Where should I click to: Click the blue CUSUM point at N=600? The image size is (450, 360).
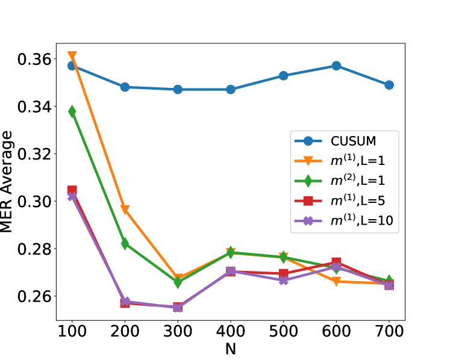click(336, 66)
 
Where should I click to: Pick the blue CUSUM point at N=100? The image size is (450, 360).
click(72, 66)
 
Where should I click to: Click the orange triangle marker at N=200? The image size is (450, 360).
click(125, 209)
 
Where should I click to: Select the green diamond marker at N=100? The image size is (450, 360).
click(72, 111)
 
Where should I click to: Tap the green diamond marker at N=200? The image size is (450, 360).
click(125, 244)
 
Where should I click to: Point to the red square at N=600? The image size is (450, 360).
click(336, 262)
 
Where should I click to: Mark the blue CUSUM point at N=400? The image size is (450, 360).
click(231, 90)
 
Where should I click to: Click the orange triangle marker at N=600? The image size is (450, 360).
click(336, 281)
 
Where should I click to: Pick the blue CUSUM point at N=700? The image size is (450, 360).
click(389, 85)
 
